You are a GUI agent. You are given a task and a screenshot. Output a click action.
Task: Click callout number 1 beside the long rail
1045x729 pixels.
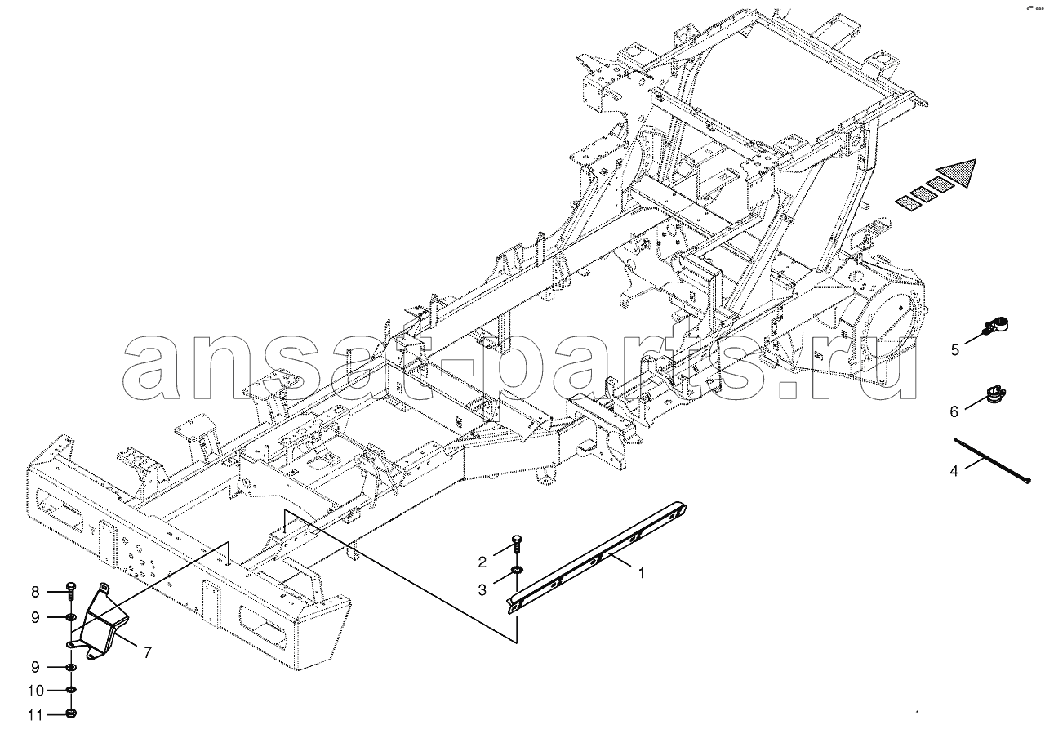pos(642,573)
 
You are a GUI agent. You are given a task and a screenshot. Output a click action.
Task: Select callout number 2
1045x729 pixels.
pos(482,562)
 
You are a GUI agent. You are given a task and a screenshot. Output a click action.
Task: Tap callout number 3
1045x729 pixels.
pos(482,590)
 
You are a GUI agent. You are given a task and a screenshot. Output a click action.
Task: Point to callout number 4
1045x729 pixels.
pos(954,471)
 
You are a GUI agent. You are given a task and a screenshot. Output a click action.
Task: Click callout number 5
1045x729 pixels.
pos(955,349)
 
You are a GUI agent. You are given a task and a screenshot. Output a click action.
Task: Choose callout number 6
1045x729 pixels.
pos(954,411)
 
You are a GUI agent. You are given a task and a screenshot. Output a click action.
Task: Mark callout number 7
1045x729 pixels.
pos(148,652)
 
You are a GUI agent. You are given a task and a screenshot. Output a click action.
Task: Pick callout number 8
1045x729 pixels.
pos(35,592)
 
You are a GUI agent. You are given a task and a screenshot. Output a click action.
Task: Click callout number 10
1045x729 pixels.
pos(35,691)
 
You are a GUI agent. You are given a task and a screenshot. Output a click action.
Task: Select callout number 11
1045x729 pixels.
pos(35,715)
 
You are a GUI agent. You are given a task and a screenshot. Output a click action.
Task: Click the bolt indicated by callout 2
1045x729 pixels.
pos(517,545)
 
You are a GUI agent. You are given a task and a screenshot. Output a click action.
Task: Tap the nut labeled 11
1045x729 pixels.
pos(71,713)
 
